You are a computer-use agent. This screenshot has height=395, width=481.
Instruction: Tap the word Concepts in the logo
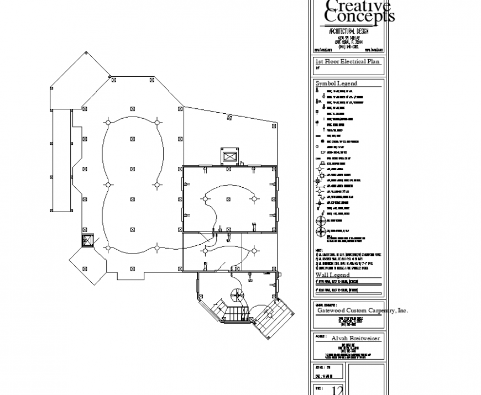click(x=359, y=17)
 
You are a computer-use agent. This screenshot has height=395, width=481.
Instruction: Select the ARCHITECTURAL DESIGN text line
click(x=348, y=31)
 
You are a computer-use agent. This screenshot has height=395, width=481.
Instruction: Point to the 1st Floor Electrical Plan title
click(x=348, y=62)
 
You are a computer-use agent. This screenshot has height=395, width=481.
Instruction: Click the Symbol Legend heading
click(x=336, y=83)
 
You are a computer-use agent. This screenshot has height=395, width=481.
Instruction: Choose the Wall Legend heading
click(x=332, y=275)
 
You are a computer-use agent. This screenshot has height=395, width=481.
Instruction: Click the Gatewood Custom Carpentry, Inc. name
click(x=362, y=310)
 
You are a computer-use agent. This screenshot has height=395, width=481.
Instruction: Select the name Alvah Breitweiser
click(x=355, y=338)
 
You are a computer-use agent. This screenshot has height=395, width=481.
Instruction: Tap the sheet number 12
click(x=337, y=391)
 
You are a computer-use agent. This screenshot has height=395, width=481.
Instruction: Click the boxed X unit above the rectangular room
click(x=229, y=156)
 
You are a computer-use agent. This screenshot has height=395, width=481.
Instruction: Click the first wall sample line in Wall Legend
click(x=347, y=285)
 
